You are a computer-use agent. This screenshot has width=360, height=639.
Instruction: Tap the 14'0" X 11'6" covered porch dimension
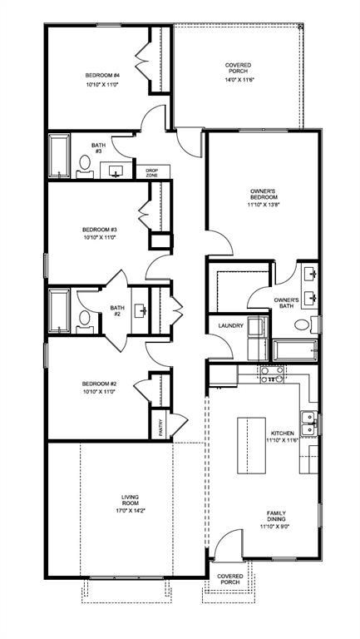pos(239,80)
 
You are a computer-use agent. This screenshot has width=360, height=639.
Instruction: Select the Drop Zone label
pos(152,172)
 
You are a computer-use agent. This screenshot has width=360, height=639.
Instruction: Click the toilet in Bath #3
pos(85,166)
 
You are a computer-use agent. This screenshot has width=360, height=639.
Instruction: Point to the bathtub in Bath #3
pos(59,156)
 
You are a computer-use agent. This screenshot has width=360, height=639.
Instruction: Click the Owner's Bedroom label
pos(264,194)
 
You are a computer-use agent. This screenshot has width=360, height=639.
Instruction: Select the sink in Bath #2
pos(141,310)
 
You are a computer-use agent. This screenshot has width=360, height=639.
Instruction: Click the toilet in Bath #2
pos(84,321)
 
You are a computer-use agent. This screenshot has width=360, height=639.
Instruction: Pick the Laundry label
pos(230,325)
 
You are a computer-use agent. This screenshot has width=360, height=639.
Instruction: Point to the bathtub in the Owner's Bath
pos(295,350)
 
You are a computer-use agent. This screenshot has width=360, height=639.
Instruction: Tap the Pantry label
pos(160,428)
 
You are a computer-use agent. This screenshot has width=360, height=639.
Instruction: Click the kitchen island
pos(251,445)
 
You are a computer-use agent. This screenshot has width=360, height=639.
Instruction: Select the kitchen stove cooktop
pos(272,375)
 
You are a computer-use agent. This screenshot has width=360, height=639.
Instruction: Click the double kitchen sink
pos(309,423)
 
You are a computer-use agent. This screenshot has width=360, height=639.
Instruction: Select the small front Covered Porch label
pos(230,579)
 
